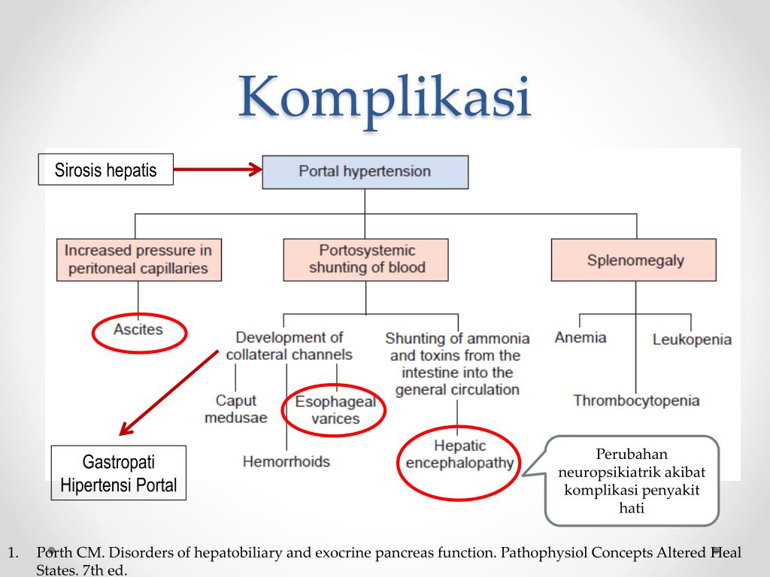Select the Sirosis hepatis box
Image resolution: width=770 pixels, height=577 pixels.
pyautogui.click(x=105, y=170)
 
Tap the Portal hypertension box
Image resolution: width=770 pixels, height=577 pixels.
pyautogui.click(x=365, y=171)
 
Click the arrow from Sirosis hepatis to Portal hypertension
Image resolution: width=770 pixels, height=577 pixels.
pyautogui.click(x=217, y=171)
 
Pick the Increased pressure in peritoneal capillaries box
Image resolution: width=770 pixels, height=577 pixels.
pyautogui.click(x=138, y=260)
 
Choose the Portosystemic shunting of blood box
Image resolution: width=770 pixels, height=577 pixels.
pyautogui.click(x=366, y=259)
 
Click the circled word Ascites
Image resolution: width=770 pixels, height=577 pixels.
pyautogui.click(x=138, y=330)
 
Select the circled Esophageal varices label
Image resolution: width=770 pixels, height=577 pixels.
pyautogui.click(x=335, y=410)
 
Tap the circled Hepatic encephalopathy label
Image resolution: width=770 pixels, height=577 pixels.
pyautogui.click(x=459, y=455)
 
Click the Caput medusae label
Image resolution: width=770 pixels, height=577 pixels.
pyautogui.click(x=235, y=409)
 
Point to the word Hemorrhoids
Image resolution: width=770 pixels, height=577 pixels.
pyautogui.click(x=286, y=461)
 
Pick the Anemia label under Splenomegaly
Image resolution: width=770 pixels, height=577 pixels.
pyautogui.click(x=580, y=337)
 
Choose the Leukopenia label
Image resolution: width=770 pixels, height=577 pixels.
pyautogui.click(x=692, y=340)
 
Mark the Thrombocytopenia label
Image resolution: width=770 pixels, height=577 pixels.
pyautogui.click(x=636, y=400)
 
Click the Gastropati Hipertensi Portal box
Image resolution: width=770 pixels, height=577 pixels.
pyautogui.click(x=119, y=473)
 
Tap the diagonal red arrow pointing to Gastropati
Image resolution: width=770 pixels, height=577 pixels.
pyautogui.click(x=168, y=393)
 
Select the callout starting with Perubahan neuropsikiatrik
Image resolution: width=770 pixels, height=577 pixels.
pyautogui.click(x=632, y=481)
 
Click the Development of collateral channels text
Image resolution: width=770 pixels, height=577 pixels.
pyautogui.click(x=290, y=346)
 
